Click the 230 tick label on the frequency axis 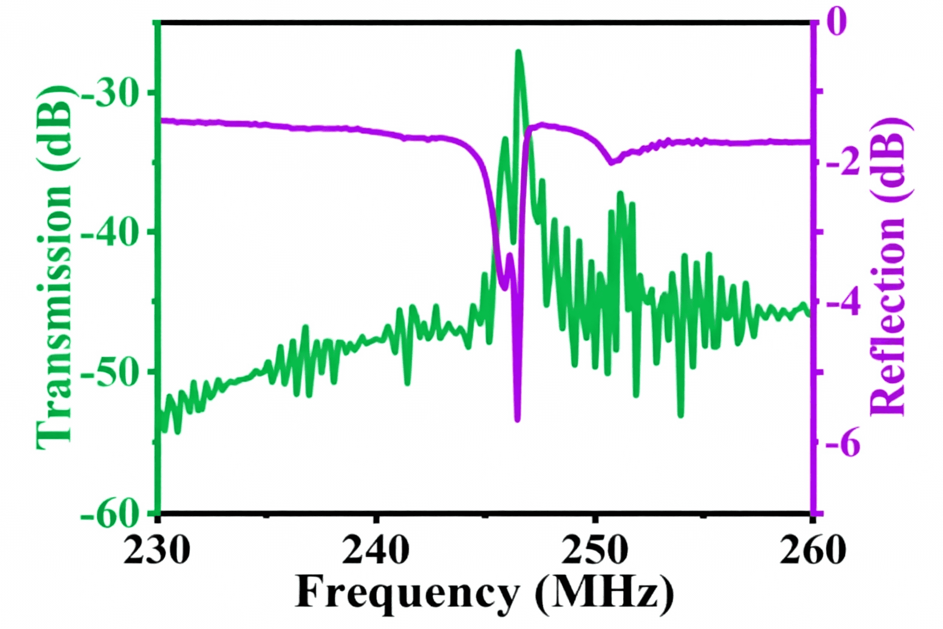156,550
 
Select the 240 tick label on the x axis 376,550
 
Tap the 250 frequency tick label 594,550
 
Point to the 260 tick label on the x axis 812,550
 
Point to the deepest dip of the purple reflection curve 517,420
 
